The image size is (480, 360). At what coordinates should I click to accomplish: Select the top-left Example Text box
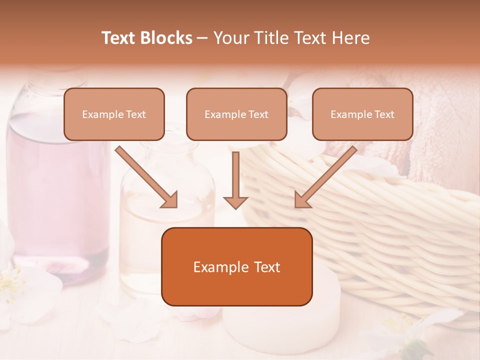(x=114, y=114)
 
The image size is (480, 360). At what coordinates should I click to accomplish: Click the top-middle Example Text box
(x=236, y=114)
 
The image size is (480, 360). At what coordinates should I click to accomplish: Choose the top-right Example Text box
(x=362, y=114)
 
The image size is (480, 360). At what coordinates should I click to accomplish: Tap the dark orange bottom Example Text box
(x=236, y=266)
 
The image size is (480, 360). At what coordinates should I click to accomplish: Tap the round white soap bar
(x=280, y=325)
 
